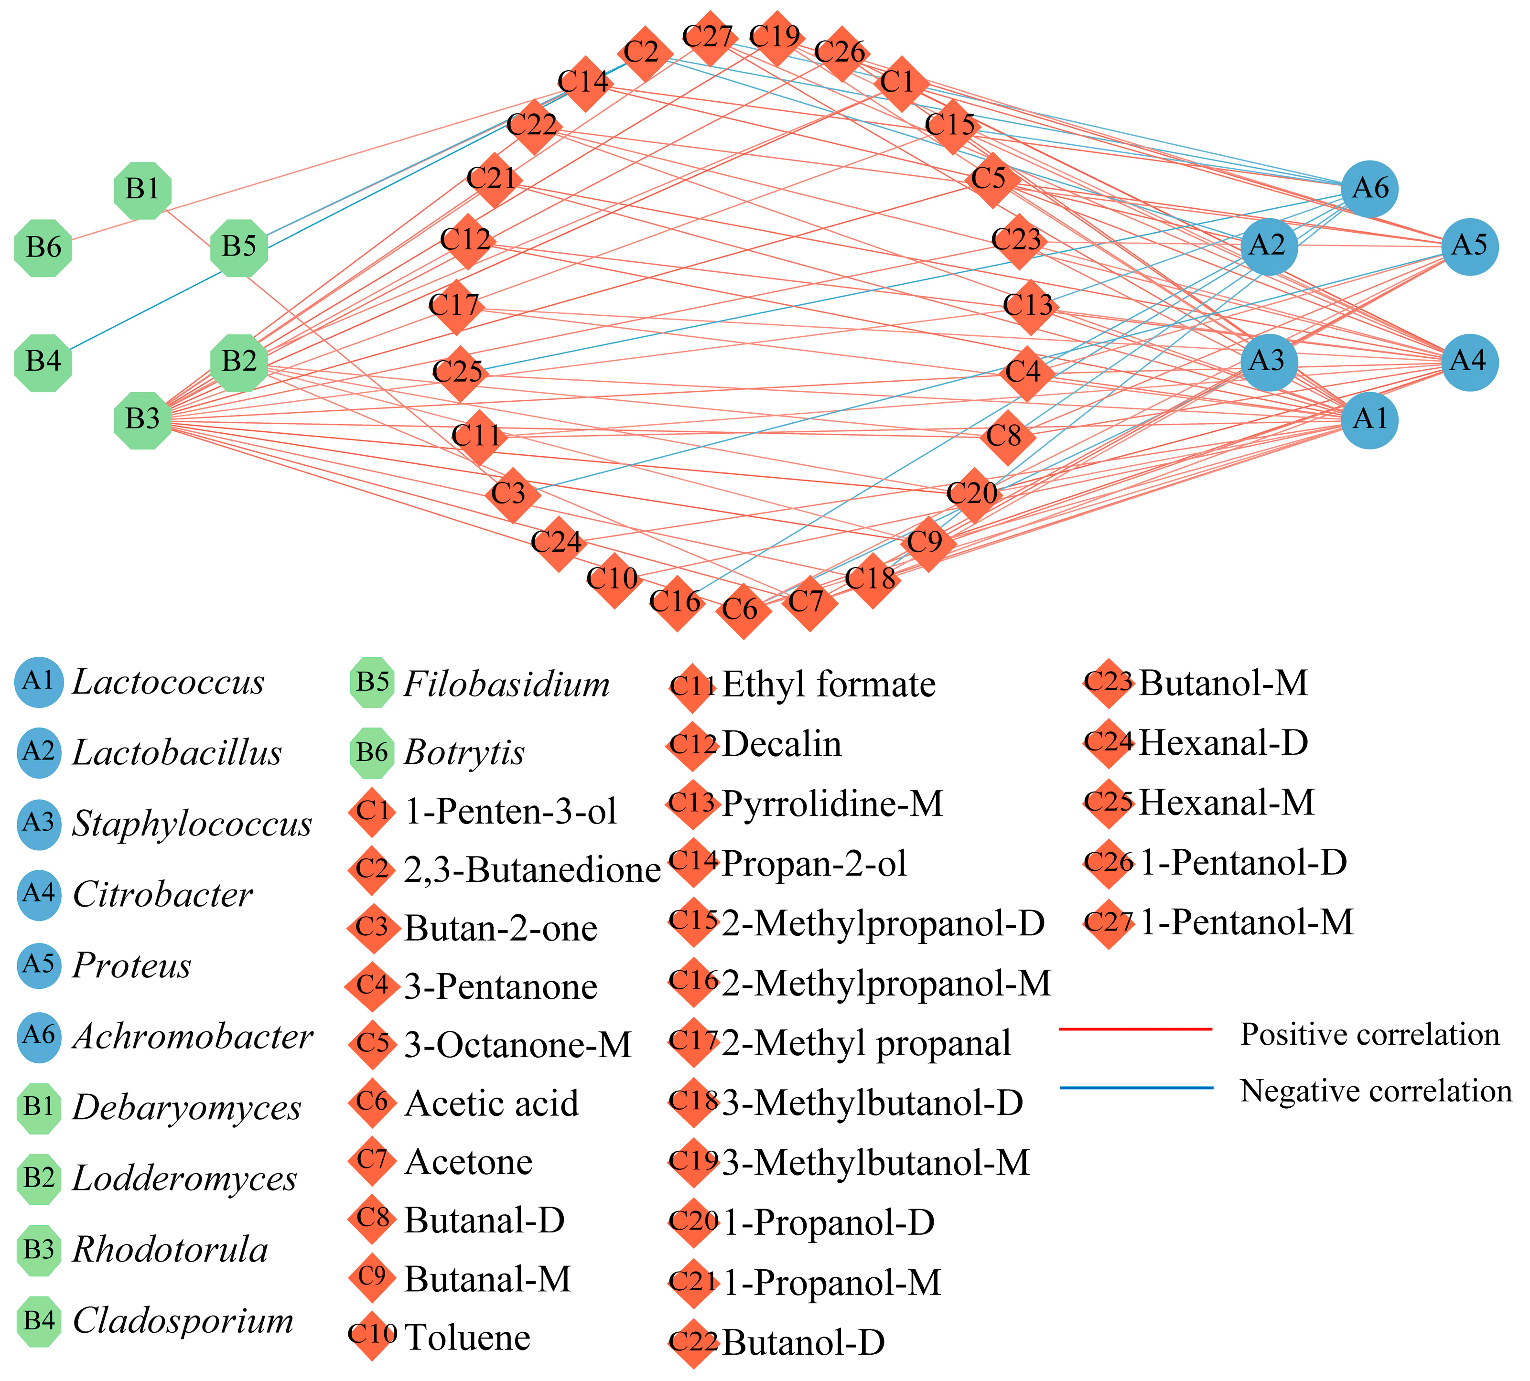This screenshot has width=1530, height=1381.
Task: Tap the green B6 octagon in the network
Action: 43,247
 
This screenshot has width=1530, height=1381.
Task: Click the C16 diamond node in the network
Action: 676,602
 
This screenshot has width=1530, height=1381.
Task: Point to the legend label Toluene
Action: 467,1337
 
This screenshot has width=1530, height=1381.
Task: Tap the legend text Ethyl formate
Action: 829,685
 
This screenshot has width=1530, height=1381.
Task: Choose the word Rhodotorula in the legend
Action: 170,1250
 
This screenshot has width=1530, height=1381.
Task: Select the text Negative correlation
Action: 1375,1091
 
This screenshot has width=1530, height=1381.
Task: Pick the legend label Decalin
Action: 782,744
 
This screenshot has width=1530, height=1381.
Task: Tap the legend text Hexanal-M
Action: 1227,802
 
